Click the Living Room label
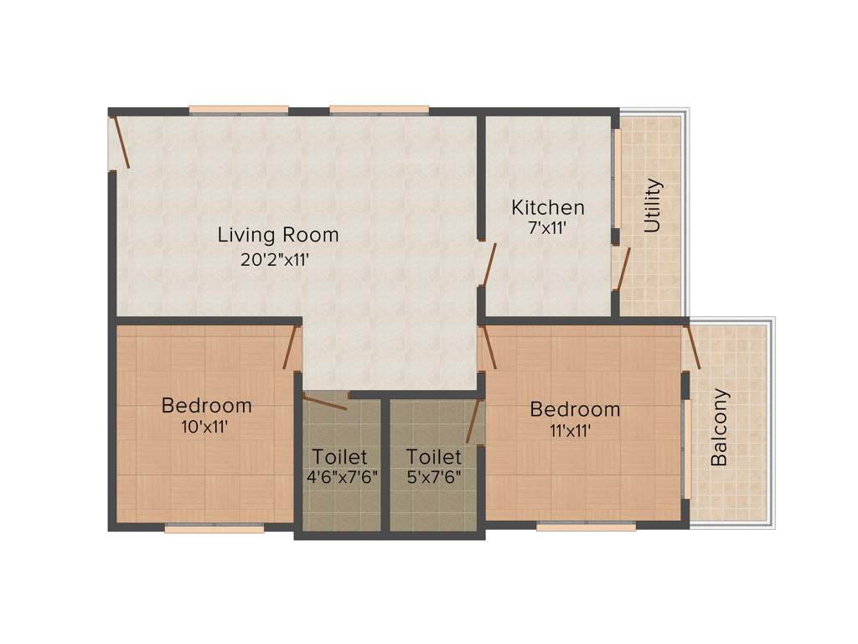tap(278, 234)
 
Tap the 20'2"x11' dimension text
tap(276, 260)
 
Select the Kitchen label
tap(548, 207)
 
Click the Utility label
tap(653, 205)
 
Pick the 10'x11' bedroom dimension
tap(206, 426)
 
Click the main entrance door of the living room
tap(119, 143)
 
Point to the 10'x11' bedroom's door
tap(291, 347)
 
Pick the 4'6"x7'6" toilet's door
tap(325, 402)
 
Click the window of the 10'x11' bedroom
tap(214, 528)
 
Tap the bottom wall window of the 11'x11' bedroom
tap(586, 527)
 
